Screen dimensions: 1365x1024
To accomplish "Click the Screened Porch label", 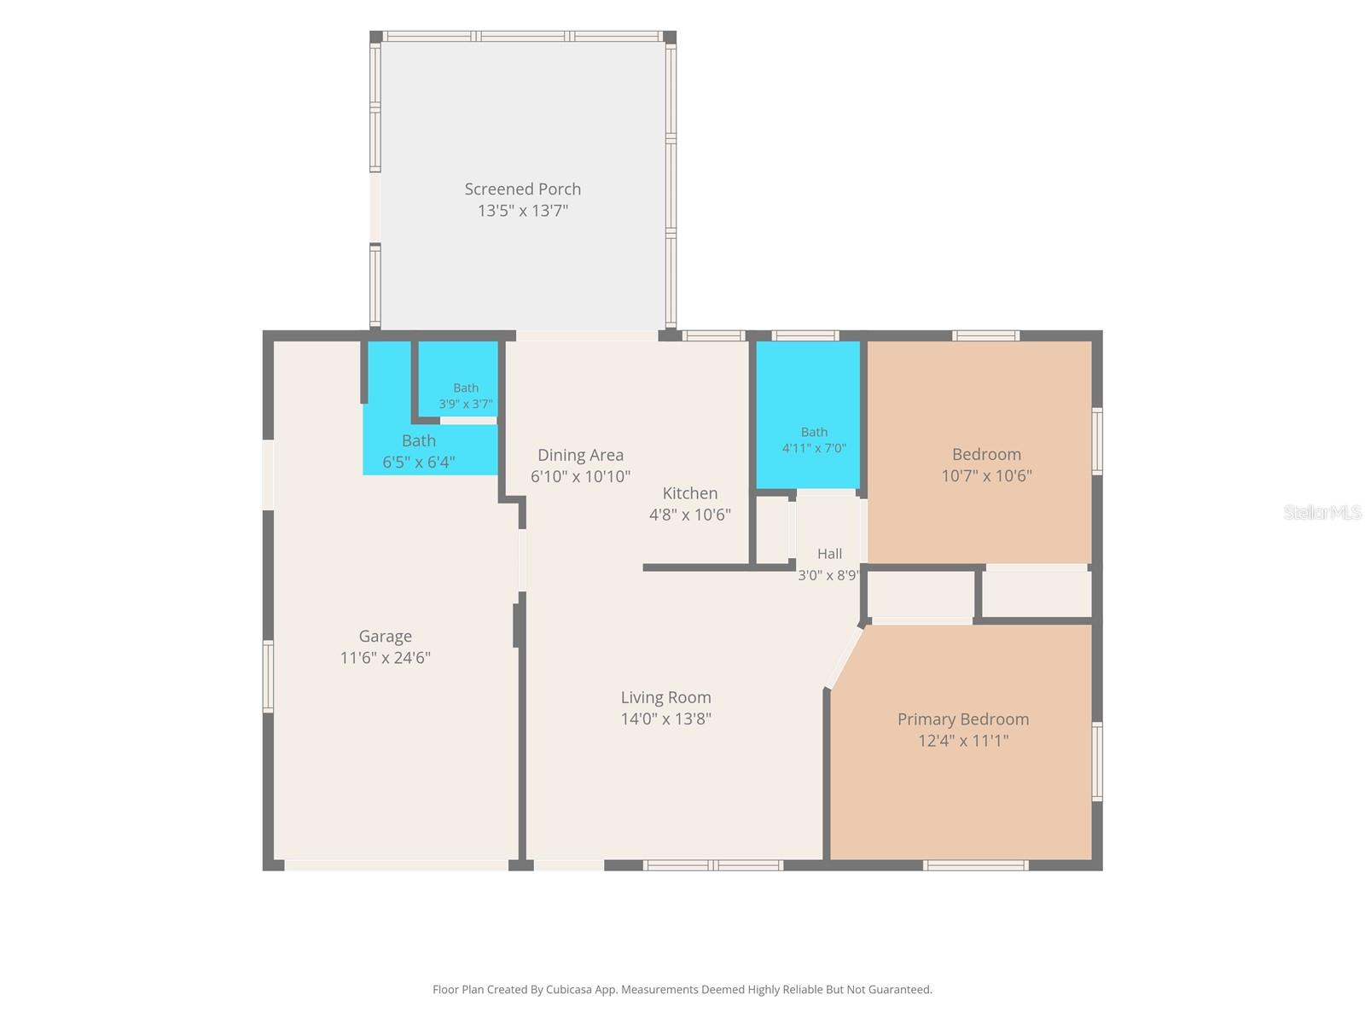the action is (522, 189).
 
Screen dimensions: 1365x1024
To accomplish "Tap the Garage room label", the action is (385, 637).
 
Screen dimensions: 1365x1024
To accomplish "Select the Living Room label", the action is (665, 697).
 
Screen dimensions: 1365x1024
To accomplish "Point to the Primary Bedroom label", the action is (962, 719).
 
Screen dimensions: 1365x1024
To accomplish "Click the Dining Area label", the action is (580, 455).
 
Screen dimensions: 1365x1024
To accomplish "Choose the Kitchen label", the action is (689, 493).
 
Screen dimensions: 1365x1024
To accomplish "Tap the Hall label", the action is (829, 553).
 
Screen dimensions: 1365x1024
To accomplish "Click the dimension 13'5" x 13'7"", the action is (522, 211).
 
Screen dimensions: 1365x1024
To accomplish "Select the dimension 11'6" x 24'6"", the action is (385, 658).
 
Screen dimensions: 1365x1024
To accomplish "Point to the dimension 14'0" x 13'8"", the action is (665, 719).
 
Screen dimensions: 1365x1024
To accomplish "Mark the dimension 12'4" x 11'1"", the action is (962, 741).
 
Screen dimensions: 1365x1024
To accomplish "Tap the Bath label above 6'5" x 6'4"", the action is (419, 441).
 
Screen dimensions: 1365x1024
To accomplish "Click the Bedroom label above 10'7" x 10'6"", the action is (986, 455).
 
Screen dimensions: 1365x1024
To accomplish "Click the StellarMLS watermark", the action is (1322, 512).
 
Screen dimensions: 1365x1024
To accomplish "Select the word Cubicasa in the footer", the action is (568, 989).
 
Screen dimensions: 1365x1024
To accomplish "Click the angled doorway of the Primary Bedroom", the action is (844, 659).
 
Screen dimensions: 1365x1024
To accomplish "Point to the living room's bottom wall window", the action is (712, 864).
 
